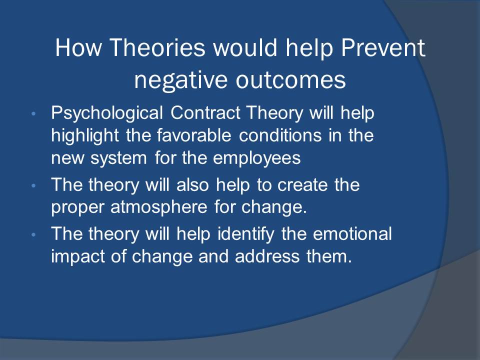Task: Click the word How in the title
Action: point(78,47)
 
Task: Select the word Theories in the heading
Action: point(157,47)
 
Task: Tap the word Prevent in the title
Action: point(383,47)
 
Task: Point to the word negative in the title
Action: point(181,80)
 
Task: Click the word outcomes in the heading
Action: point(291,80)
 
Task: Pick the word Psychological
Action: point(107,113)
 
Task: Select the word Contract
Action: point(205,112)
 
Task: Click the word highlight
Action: point(85,135)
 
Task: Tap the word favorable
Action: point(194,135)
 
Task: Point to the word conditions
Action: point(280,135)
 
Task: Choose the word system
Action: point(118,158)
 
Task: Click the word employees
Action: point(257,158)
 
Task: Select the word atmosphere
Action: point(158,207)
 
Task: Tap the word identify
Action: point(246,234)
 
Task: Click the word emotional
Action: point(352,234)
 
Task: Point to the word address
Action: point(267,256)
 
